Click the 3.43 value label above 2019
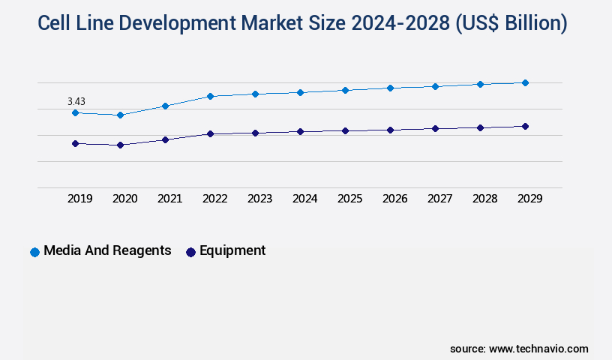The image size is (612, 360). [x=76, y=101]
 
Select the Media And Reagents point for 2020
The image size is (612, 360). [x=120, y=115]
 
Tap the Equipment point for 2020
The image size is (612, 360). [x=120, y=145]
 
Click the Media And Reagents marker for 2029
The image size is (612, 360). [x=525, y=82]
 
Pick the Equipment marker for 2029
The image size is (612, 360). [x=525, y=126]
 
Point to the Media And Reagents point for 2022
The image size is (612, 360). [x=210, y=96]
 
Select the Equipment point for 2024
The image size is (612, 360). [x=300, y=131]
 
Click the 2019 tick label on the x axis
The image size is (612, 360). [x=80, y=199]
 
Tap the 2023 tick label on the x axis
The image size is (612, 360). [x=259, y=199]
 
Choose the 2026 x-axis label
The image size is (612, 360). [x=394, y=199]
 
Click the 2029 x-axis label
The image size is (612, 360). [x=529, y=199]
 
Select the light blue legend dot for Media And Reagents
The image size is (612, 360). [x=34, y=252]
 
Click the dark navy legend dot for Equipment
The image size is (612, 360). [x=190, y=252]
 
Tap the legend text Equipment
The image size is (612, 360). [x=232, y=251]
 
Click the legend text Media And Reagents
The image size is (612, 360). [x=107, y=251]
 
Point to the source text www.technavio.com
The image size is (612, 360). [x=538, y=349]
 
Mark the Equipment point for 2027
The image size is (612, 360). [x=435, y=128]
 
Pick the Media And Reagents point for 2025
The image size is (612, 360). [x=345, y=90]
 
